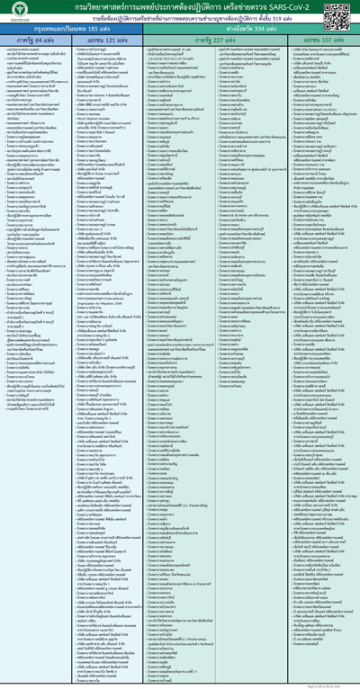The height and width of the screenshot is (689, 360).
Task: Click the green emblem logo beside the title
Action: pyautogui.click(x=12, y=12)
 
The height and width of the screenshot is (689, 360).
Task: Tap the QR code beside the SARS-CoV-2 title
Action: pyautogui.click(x=348, y=12)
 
